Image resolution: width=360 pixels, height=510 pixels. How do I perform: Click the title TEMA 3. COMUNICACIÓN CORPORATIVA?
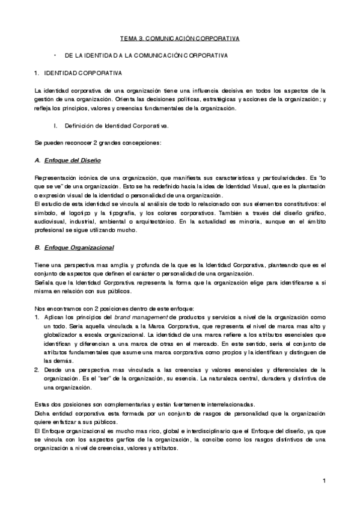(x=180, y=38)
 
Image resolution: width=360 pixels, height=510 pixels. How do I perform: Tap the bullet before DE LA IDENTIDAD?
(x=55, y=55)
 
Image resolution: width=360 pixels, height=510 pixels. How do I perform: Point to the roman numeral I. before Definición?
(x=55, y=126)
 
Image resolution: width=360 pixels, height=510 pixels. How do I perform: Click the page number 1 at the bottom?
(x=323, y=481)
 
